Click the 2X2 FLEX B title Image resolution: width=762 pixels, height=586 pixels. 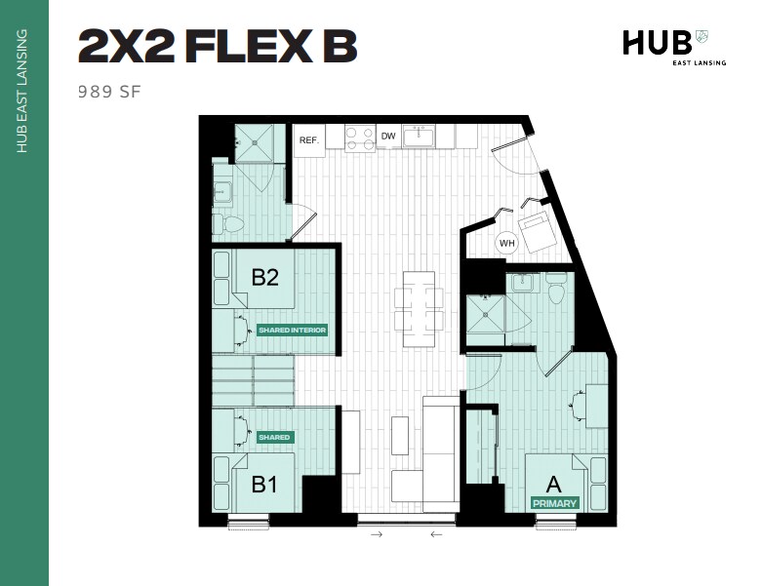217,47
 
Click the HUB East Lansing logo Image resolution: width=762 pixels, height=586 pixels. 666,45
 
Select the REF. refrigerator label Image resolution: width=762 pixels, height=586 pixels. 309,139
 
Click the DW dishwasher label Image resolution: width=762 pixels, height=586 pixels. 388,137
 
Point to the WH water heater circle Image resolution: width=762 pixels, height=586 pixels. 506,243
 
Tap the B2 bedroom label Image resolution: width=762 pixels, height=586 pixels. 265,277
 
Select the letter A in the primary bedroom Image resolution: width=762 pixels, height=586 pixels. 552,484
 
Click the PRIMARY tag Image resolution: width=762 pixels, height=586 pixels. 554,503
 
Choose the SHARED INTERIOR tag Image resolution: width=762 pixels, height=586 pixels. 292,330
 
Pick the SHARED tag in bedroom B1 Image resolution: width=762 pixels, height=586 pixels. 274,437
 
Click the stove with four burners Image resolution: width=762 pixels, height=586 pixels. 360,137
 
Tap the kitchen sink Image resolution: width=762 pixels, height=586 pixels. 420,135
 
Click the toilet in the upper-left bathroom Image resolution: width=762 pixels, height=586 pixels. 232,224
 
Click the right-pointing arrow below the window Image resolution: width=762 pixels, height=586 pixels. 377,534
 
